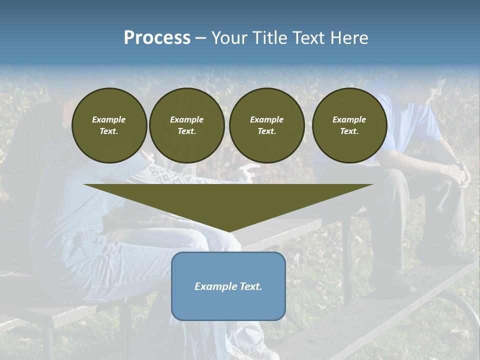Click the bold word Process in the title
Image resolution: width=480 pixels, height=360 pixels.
point(157,38)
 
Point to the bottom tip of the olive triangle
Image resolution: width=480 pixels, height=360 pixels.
point(229,231)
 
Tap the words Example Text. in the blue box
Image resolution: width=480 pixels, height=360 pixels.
point(228,286)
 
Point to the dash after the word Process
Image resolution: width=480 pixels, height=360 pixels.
point(200,38)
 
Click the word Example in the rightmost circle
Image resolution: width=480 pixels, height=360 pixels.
point(349,119)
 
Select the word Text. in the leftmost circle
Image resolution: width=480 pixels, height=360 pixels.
point(109,131)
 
